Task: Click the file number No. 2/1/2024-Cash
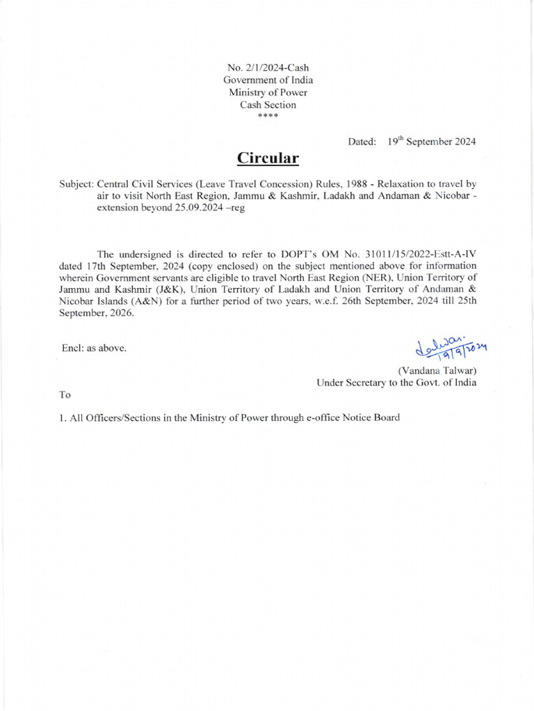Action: click(268, 67)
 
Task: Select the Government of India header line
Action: click(268, 80)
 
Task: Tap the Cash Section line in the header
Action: click(268, 105)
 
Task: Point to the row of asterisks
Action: click(268, 116)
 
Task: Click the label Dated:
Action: click(362, 142)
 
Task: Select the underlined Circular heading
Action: click(268, 158)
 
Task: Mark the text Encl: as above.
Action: click(95, 348)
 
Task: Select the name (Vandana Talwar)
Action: click(436, 369)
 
